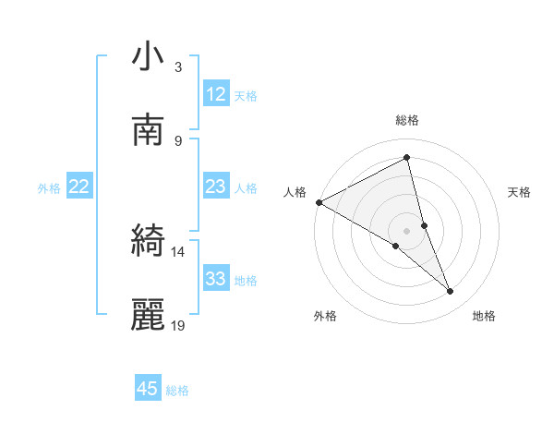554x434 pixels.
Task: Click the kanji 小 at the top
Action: (x=148, y=57)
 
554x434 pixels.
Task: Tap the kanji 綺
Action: (x=148, y=242)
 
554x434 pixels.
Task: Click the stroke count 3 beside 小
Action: (x=178, y=67)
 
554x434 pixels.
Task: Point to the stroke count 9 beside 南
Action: (x=178, y=141)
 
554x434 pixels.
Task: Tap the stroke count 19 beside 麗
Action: (x=178, y=326)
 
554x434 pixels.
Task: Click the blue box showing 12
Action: (x=216, y=94)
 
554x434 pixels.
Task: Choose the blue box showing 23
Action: (x=216, y=187)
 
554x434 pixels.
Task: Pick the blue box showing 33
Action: (x=216, y=279)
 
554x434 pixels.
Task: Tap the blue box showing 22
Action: (x=79, y=187)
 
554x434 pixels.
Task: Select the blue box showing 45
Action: (x=148, y=389)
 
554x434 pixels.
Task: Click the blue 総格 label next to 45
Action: (x=177, y=391)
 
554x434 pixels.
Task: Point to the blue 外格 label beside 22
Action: (x=49, y=188)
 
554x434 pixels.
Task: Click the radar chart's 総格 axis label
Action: (x=407, y=120)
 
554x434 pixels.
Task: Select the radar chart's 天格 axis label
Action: (x=520, y=192)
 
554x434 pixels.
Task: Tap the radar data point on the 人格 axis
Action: (x=319, y=202)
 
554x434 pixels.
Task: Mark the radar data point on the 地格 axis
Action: (x=451, y=292)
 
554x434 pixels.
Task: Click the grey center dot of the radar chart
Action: (x=407, y=230)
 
